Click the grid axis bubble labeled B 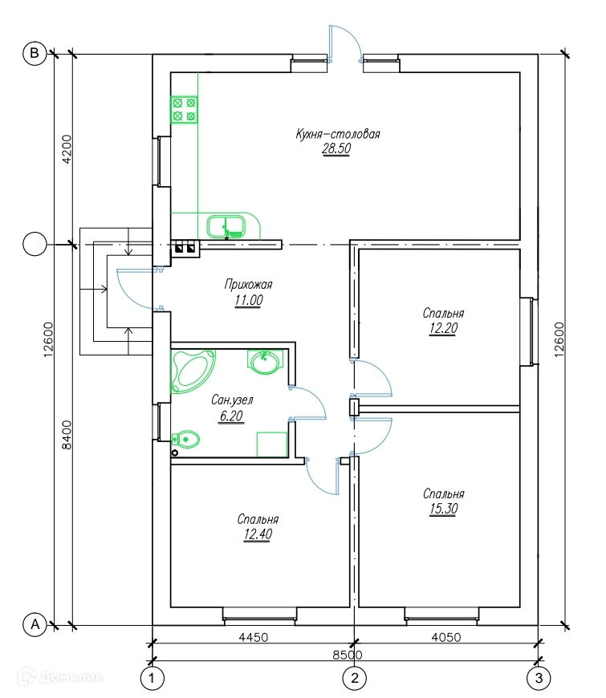coord(34,53)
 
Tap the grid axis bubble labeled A coord(34,623)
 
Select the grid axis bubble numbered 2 coord(353,679)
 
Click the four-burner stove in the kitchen coord(184,109)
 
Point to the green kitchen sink coord(227,227)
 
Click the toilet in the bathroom coord(185,439)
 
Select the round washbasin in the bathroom coord(264,363)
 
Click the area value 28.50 coord(337,149)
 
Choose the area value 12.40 coord(258,534)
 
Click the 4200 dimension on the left coord(67,148)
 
